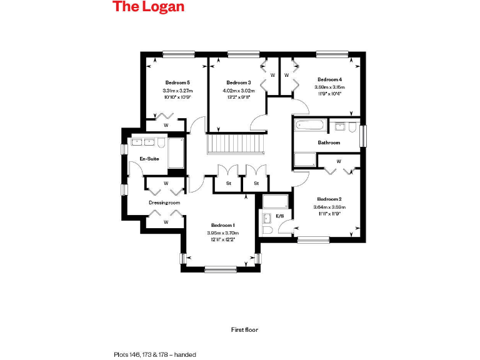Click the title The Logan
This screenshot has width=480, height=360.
148,7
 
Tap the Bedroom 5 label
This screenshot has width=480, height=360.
177,82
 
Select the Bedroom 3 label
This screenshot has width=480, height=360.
238,82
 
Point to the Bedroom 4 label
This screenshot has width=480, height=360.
329,79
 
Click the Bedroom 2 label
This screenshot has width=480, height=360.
329,198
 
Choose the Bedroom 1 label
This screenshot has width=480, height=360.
222,225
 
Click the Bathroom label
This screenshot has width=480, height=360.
329,142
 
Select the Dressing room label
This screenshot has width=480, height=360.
164,202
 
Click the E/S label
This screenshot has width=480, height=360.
279,216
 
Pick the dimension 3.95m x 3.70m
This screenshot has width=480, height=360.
222,233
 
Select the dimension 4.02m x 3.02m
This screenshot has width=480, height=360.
238,91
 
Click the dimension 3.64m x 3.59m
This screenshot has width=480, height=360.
329,207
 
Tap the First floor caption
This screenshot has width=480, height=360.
244,329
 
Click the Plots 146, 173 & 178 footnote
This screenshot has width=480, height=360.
155,354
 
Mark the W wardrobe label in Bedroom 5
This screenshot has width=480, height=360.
166,125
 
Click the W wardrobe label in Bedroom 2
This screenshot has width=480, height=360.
339,161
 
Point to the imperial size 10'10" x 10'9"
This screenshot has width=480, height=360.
177,97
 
